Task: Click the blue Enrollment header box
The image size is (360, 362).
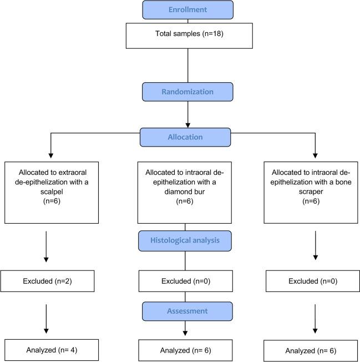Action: pos(187,10)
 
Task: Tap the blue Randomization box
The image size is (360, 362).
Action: pos(187,92)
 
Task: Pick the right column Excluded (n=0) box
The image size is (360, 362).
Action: pos(315,281)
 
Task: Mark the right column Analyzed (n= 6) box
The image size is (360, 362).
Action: pos(315,351)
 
